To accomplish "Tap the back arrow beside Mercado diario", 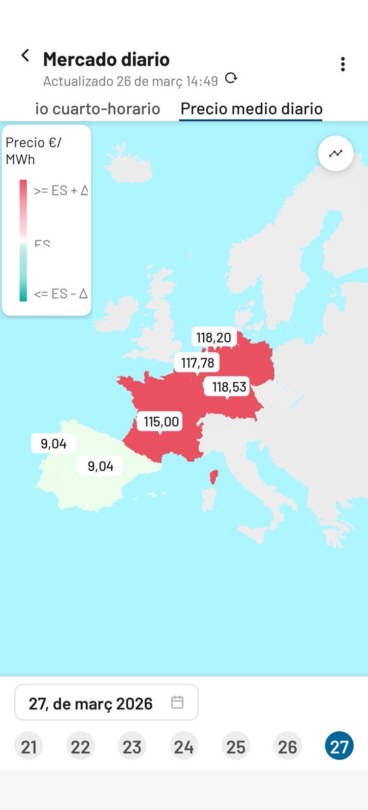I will coord(25,56).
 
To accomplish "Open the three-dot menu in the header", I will coord(343,64).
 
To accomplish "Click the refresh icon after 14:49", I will coord(231,78).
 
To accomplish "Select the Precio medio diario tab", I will coord(251,109).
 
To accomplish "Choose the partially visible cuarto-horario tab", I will coord(98,109).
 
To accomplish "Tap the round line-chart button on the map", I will coord(336,153).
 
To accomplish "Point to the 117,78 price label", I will coord(197,363).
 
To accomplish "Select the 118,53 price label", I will coord(229,387).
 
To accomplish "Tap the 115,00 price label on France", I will coord(161,422).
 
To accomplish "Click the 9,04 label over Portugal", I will coord(54,443).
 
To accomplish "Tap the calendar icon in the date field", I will coord(177,703).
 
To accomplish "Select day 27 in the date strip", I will coord(339,747).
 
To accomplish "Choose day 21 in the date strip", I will coord(28,747).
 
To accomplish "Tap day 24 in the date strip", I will coord(184,747).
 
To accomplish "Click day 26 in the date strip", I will coord(287,747).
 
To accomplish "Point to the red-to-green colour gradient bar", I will coord(24,240).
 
